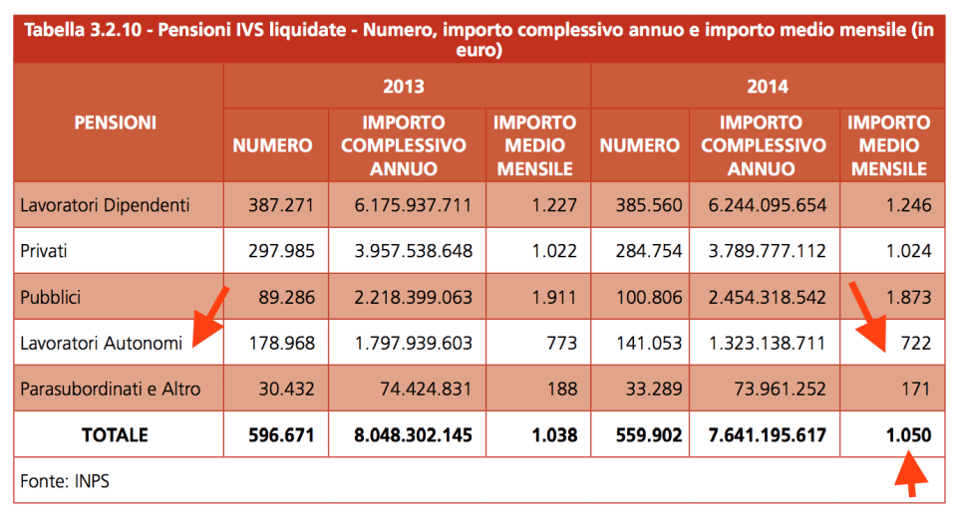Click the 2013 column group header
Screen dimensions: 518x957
[x=404, y=87]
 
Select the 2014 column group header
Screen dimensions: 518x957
[x=768, y=87]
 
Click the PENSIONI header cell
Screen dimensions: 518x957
[x=115, y=124]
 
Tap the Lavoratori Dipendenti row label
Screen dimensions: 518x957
[x=105, y=206]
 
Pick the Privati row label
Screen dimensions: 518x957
[x=45, y=251]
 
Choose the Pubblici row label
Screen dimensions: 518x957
[x=51, y=297]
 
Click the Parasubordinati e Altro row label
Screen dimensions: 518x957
[x=111, y=388]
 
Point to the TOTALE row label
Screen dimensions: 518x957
[x=115, y=435]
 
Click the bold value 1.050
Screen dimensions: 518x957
[x=907, y=435]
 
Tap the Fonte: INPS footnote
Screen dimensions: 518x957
[x=65, y=481]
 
